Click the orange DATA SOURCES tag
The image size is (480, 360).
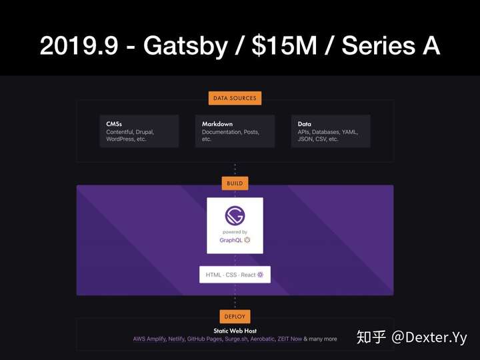point(235,98)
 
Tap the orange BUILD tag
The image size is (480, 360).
point(235,183)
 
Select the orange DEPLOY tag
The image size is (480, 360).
point(235,317)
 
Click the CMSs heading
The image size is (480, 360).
point(114,124)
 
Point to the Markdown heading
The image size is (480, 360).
point(217,124)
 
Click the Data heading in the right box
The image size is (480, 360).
point(304,124)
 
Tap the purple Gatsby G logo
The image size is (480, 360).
point(235,215)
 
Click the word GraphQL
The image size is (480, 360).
point(231,240)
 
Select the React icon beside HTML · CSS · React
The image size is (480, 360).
point(260,275)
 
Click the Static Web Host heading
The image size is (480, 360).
point(235,331)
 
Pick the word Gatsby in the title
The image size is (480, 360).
point(185,46)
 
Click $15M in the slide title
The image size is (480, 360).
point(284,46)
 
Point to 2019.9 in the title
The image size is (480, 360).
point(79,46)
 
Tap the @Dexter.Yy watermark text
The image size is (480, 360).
point(429,337)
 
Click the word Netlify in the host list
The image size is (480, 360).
point(176,339)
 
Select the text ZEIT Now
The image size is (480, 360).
point(289,339)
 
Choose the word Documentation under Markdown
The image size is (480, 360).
point(221,132)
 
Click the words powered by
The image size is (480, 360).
point(235,232)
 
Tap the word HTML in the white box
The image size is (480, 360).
point(213,275)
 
